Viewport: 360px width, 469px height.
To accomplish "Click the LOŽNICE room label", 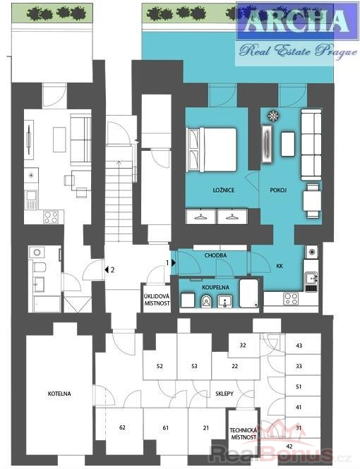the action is [224, 190].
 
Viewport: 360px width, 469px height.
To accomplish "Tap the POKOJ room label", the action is [278, 190].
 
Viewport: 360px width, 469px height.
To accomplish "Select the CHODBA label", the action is [215, 255].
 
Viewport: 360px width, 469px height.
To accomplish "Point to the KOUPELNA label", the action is [215, 288].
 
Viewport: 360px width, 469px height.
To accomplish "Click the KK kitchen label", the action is [280, 266].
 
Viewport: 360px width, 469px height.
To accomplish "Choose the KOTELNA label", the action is [59, 394].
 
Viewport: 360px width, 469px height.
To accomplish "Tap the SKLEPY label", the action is [224, 394].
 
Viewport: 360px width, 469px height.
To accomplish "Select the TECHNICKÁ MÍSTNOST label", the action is [244, 434].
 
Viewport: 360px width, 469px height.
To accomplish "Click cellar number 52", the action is [160, 366].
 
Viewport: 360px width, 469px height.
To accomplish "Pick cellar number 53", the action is [194, 366].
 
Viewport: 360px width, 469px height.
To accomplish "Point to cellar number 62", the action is [122, 427].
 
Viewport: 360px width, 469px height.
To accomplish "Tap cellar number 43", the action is [299, 346].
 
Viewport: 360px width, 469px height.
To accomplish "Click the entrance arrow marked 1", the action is [174, 263].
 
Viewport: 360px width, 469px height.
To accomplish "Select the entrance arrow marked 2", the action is [106, 270].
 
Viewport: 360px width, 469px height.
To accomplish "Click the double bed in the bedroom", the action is [212, 150].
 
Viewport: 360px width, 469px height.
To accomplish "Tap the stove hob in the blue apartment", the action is [291, 298].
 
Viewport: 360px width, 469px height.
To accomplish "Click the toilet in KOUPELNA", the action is [206, 301].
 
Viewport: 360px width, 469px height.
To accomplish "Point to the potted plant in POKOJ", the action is [273, 116].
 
